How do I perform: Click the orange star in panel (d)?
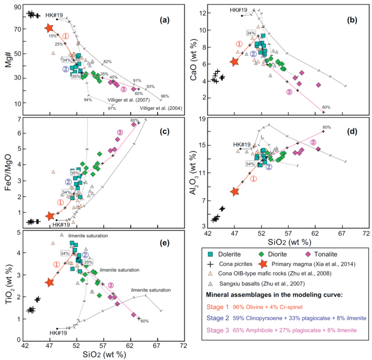(235, 192)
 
